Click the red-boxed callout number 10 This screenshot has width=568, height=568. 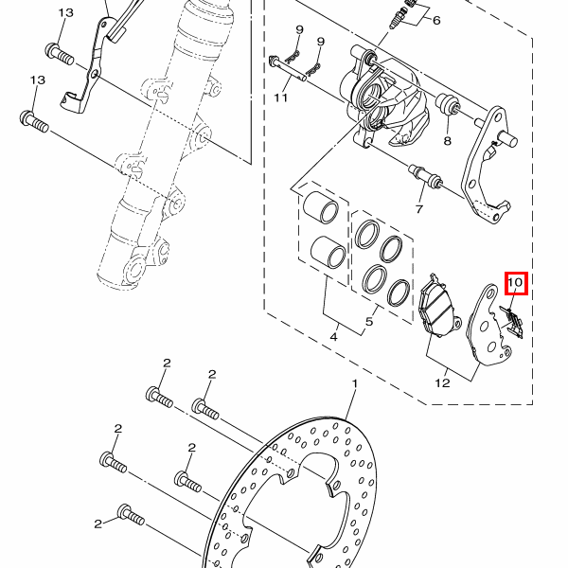516,282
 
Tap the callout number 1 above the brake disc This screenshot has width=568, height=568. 355,383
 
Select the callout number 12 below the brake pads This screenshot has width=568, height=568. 442,382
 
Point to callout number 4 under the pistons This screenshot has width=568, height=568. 333,337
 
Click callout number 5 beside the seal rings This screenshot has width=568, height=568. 369,321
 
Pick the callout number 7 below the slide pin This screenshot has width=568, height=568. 436,20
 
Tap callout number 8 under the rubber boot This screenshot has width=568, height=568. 419,209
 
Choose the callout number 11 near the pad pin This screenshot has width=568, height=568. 448,140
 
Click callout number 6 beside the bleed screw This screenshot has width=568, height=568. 281,98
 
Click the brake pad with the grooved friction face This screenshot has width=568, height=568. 435,306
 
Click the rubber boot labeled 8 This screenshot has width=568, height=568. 448,104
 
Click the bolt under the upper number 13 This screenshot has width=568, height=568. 60,54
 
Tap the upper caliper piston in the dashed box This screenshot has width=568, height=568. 321,206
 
